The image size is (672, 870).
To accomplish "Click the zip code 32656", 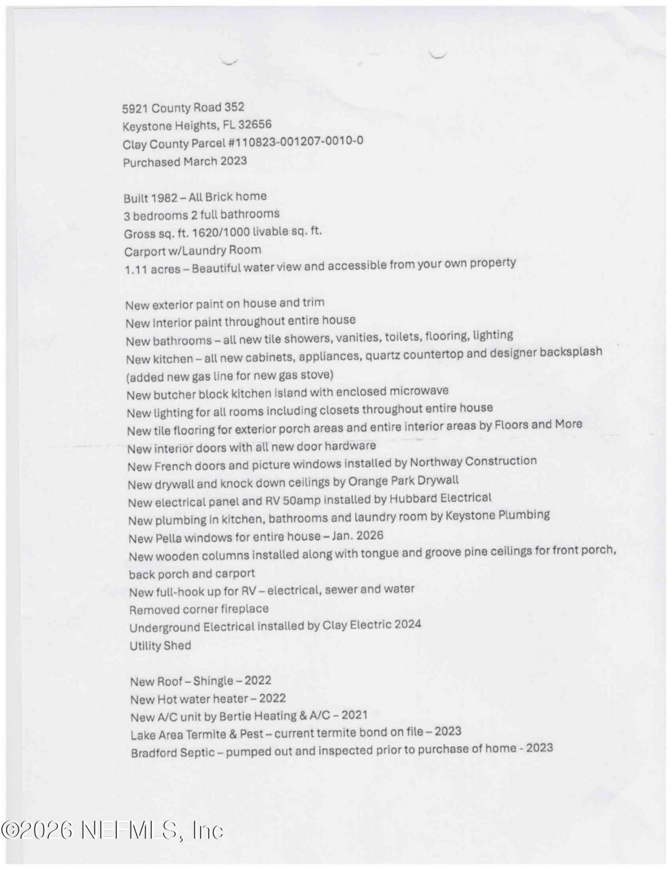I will tap(255, 125).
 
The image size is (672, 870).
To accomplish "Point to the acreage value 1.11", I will tap(135, 270).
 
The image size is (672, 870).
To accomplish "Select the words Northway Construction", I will tap(473, 462).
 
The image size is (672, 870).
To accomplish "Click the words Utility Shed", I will tap(160, 646).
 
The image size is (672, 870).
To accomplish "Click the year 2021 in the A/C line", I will tap(353, 715).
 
